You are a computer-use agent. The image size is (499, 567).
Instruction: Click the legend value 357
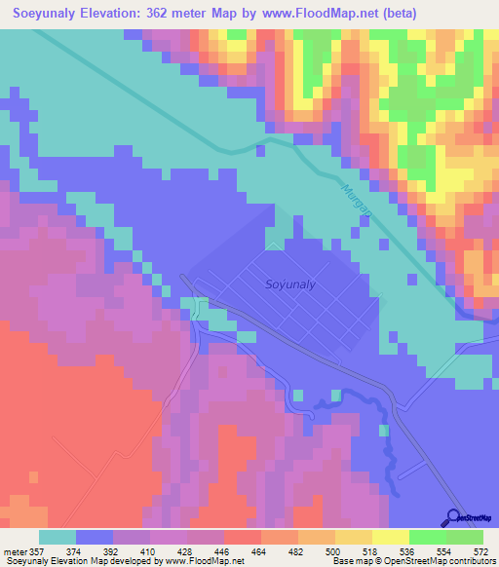click(x=37, y=552)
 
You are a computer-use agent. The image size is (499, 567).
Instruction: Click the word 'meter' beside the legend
click(x=14, y=552)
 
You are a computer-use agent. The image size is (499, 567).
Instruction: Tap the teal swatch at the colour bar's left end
click(x=57, y=537)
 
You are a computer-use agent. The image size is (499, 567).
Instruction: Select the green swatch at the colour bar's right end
click(x=465, y=537)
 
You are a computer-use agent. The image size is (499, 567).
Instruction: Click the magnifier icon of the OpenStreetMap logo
click(x=452, y=518)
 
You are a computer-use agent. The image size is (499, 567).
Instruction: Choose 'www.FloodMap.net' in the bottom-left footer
click(x=208, y=562)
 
